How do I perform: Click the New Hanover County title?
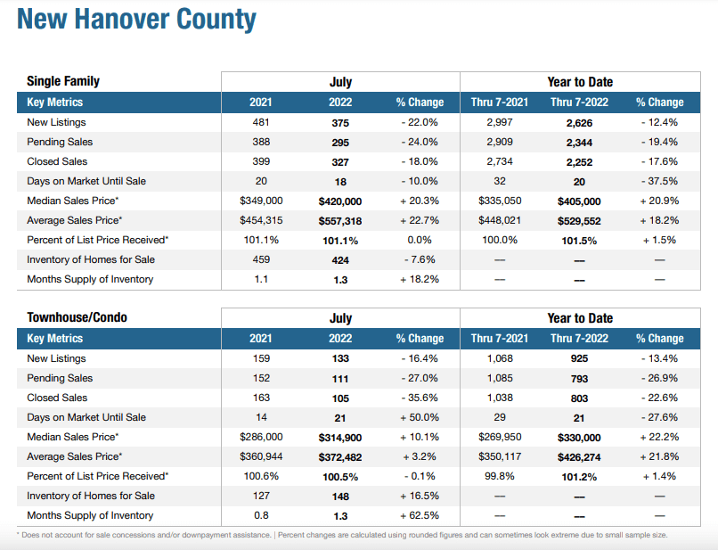pos(136,20)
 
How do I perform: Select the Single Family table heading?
pos(63,81)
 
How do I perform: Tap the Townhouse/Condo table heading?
pos(77,317)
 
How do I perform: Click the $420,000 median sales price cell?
pos(340,201)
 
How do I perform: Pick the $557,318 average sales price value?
pos(340,220)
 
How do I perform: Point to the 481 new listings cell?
pos(261,122)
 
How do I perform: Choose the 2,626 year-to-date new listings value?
pos(579,122)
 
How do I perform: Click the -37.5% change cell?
pos(659,181)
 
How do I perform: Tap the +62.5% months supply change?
pos(419,515)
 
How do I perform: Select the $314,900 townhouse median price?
pos(340,437)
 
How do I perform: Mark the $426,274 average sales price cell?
pos(579,456)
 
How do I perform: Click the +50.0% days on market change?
pos(419,417)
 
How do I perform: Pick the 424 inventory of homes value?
pos(340,259)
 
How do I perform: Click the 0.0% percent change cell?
pos(419,240)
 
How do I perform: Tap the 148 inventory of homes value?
pos(340,496)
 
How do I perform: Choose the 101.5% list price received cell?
pos(579,240)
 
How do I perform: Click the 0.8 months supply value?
pos(261,515)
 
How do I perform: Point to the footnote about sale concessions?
pos(342,535)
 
